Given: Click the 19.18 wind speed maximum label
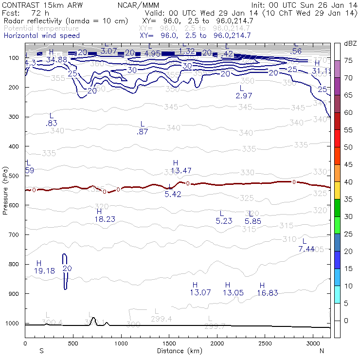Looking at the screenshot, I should (44, 270).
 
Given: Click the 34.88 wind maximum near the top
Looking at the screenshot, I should (56, 59).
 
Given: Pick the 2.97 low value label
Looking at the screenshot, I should (244, 95).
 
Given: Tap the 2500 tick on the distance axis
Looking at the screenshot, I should (265, 344).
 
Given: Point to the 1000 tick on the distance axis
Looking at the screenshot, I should (121, 344).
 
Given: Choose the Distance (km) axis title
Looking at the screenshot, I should (178, 351).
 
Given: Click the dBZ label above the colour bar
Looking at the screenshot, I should (350, 43).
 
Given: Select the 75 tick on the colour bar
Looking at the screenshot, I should (348, 60).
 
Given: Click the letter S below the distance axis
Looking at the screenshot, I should (41, 351).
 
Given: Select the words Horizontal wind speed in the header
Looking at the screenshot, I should (41, 36).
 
